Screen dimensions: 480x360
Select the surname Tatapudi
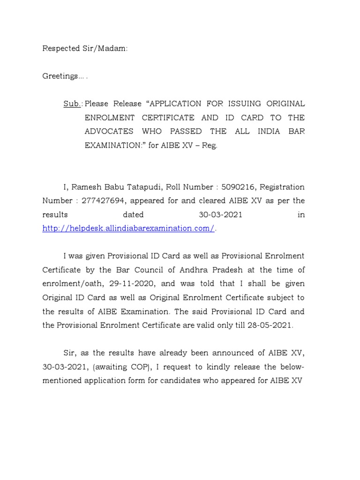[139, 187]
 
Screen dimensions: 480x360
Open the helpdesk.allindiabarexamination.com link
[128, 228]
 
